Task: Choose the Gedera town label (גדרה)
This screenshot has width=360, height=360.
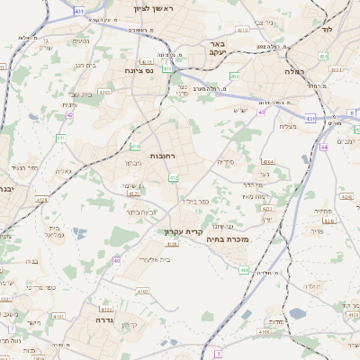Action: click(95, 319)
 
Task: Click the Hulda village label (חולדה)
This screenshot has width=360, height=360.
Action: click(313, 286)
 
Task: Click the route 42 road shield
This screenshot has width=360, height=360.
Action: click(70, 114)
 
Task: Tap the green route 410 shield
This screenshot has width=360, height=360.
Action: click(135, 146)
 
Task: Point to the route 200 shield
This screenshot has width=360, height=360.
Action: click(235, 76)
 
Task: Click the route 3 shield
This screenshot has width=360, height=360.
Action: click(218, 354)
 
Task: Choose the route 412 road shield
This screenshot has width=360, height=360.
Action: click(174, 178)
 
